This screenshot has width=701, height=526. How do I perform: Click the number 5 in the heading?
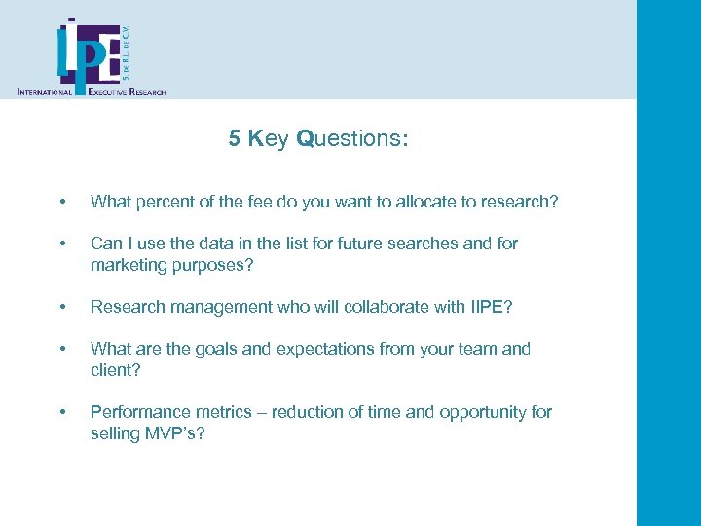click(235, 139)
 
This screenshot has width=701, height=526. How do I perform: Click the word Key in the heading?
click(269, 139)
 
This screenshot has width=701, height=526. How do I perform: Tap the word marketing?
click(129, 265)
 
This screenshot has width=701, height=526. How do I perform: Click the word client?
click(112, 370)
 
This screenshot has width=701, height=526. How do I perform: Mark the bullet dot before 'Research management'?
click(63, 307)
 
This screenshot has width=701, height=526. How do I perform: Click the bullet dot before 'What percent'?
click(63, 202)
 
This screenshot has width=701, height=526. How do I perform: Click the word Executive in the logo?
click(114, 92)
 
